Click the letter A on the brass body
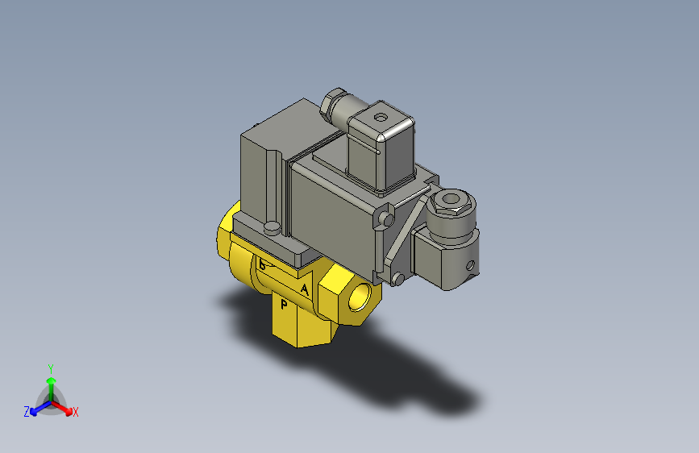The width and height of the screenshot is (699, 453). [304, 289]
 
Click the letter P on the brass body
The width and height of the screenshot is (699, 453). [284, 305]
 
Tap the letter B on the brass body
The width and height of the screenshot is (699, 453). [263, 265]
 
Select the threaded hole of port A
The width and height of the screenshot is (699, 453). [360, 295]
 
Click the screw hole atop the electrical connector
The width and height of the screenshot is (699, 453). [381, 118]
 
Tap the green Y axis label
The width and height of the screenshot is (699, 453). [50, 368]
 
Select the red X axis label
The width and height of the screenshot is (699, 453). [76, 413]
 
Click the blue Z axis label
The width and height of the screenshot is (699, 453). [26, 411]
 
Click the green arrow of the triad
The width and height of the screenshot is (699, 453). [50, 384]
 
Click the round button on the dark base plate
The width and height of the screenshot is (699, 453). [273, 228]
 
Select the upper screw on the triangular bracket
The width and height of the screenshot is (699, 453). [389, 219]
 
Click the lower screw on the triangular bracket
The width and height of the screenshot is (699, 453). [397, 279]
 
